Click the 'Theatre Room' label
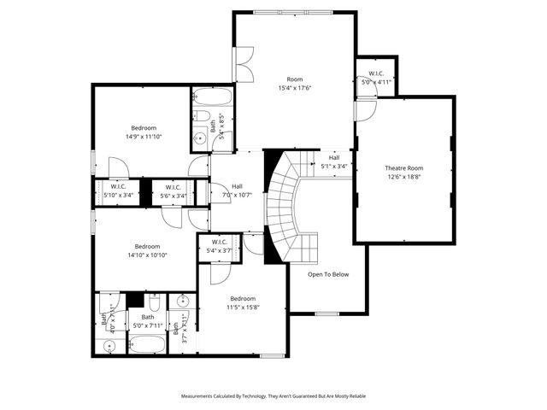[x=403, y=168]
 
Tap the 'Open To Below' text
[x=328, y=274]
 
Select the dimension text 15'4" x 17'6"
[x=295, y=88]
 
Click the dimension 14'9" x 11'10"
[x=144, y=137]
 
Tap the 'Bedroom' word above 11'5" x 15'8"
[x=242, y=298]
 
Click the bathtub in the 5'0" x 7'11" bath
[x=149, y=344]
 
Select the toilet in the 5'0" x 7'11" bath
[x=154, y=305]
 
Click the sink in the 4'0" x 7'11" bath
[x=108, y=346]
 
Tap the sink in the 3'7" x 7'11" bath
[x=182, y=302]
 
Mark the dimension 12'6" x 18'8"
[x=403, y=178]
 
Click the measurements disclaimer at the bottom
[x=273, y=396]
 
